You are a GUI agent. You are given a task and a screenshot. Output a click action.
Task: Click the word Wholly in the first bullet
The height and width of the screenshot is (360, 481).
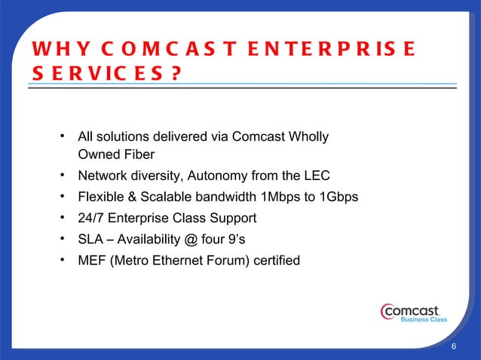coord(309,137)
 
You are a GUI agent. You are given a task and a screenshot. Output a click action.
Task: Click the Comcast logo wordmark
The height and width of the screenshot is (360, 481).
coord(413,310)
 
